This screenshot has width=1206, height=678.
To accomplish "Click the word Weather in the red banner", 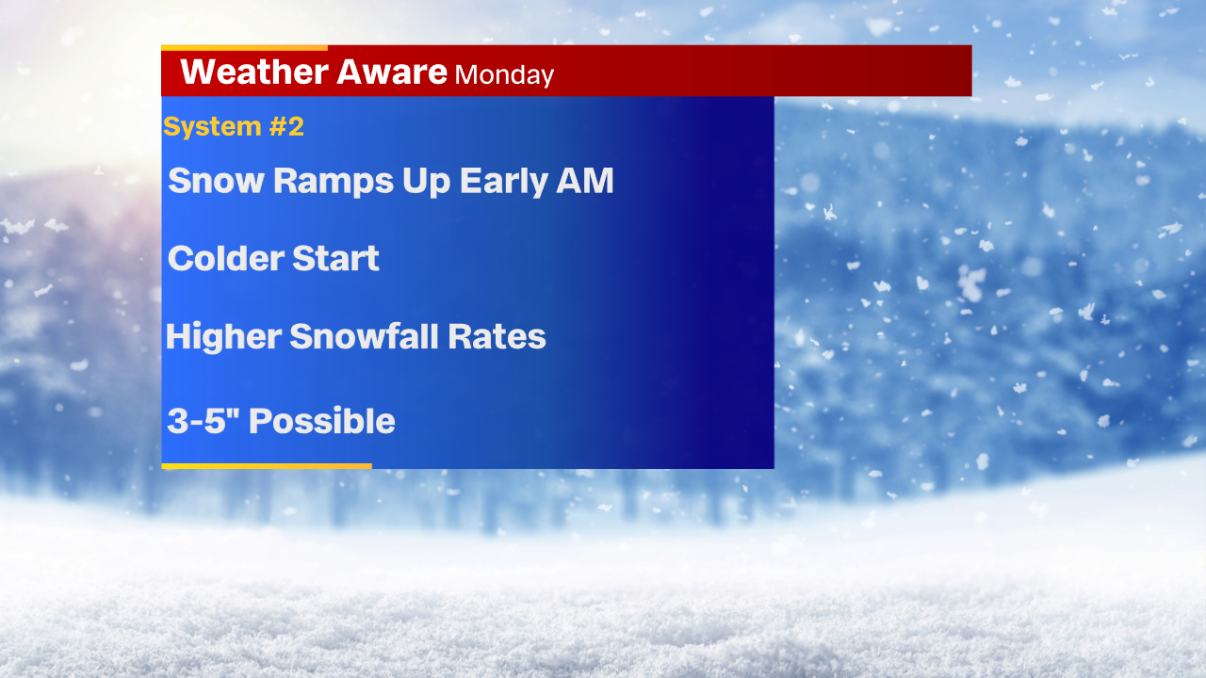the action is [x=254, y=72].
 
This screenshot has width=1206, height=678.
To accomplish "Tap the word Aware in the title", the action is [x=392, y=72].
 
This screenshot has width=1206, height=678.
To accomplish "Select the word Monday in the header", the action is [x=504, y=75].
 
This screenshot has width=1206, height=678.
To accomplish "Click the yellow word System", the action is [x=212, y=126].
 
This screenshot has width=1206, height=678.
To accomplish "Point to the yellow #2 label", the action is [x=286, y=126].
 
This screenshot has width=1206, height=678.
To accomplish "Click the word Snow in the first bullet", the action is [x=216, y=180].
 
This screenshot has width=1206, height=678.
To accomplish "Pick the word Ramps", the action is [x=334, y=182].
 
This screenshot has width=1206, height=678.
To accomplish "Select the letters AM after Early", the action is [x=585, y=180].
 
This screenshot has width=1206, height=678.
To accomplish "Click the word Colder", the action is [x=225, y=258].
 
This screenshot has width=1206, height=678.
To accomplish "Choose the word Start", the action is [x=335, y=258].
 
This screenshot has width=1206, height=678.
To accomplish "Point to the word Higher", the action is [x=223, y=336].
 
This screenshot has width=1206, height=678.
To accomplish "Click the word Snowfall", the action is [x=364, y=336].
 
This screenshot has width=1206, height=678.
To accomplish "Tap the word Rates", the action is [x=497, y=337].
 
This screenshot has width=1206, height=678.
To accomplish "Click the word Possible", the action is [x=321, y=420].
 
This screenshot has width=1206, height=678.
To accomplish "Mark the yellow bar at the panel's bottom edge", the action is [x=267, y=466].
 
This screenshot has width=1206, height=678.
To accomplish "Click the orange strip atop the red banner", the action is [x=244, y=48].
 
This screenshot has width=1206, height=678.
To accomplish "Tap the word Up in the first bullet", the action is [x=427, y=182].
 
